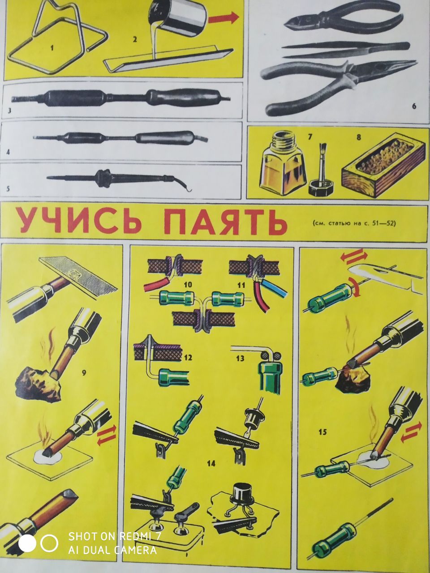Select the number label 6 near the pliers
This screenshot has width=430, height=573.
(x=414, y=107)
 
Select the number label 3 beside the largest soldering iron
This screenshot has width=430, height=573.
(x=9, y=111)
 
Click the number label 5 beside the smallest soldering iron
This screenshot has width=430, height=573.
(x=8, y=188)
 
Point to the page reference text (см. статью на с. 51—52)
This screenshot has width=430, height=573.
(x=354, y=223)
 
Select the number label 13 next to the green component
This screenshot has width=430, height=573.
(x=240, y=358)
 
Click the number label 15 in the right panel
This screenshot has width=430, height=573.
(x=322, y=432)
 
